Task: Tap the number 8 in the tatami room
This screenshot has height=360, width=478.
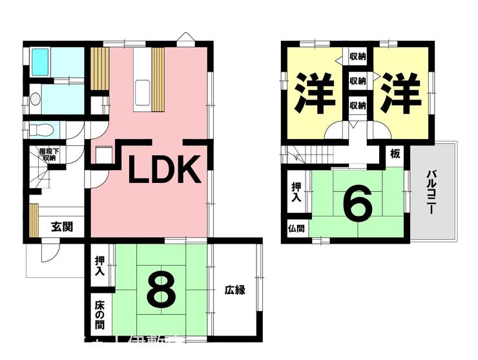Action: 161,291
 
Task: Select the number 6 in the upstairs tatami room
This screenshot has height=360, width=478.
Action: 357,204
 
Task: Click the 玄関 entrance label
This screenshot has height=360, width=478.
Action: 62,226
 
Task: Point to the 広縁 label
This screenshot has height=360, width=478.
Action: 235,290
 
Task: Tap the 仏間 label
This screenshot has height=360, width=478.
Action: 295,229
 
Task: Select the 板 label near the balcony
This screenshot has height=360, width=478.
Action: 395,154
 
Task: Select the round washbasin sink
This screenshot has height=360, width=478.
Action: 36,100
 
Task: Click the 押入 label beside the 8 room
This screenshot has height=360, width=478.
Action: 100,266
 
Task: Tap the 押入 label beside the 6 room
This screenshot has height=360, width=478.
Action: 295,193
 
